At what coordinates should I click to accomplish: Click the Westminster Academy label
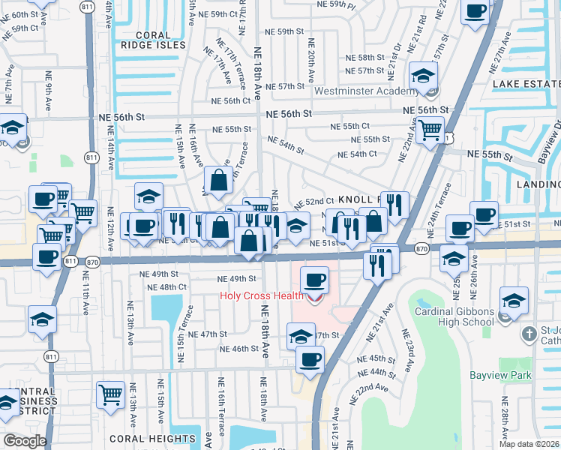pyautogui.click(x=366, y=91)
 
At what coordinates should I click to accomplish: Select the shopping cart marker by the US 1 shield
pyautogui.click(x=430, y=130)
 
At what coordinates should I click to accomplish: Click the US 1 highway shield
pyautogui.click(x=448, y=139)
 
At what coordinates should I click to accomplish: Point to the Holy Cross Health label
pyautogui.click(x=261, y=295)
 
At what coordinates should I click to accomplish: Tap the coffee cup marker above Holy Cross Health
pyautogui.click(x=314, y=281)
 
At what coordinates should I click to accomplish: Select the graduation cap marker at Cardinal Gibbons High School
pyautogui.click(x=513, y=301)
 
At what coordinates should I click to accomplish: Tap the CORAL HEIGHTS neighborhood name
pyautogui.click(x=163, y=439)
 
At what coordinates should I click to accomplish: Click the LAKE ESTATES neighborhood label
pyautogui.click(x=526, y=85)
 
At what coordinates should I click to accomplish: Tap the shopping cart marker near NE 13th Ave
pyautogui.click(x=110, y=393)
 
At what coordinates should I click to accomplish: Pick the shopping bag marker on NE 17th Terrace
pyautogui.click(x=218, y=180)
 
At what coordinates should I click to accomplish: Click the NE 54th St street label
pyautogui.click(x=285, y=145)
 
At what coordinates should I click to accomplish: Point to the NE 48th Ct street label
pyautogui.click(x=167, y=287)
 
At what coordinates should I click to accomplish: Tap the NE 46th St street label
pyautogui.click(x=239, y=349)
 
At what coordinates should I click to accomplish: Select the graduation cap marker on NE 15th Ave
pyautogui.click(x=149, y=196)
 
